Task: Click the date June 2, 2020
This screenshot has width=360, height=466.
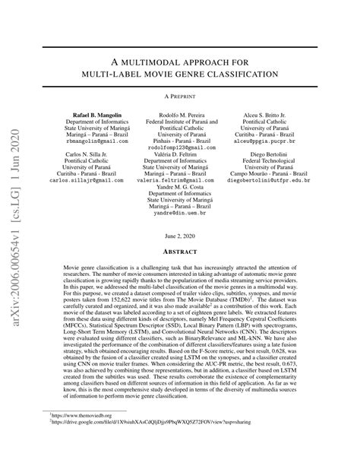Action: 180,238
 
